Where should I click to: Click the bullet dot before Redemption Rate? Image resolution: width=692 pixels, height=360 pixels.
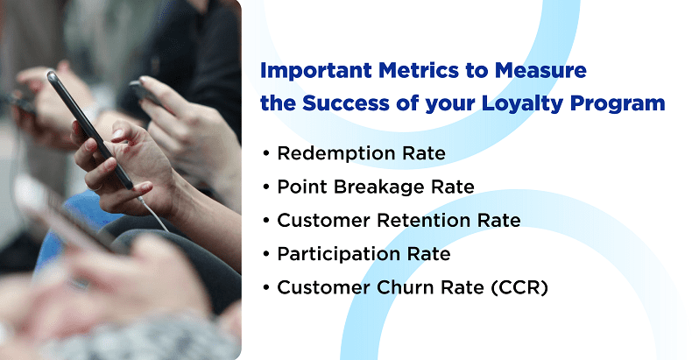(265, 154)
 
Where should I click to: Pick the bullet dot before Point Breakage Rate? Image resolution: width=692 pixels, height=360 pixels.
(265, 187)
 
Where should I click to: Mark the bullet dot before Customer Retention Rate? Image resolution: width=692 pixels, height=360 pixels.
(265, 221)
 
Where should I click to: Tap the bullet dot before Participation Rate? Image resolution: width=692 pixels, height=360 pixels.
(265, 255)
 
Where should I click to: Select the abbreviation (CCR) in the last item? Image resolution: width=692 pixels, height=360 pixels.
(518, 287)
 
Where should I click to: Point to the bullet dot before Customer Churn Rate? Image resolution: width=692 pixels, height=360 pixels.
(265, 288)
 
